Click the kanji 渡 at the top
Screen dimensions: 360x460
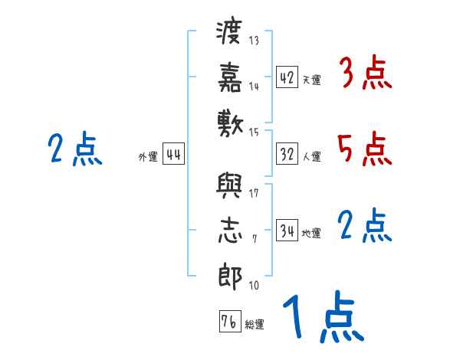pos(230,34)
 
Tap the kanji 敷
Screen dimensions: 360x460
pos(230,121)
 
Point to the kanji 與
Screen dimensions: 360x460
pos(230,186)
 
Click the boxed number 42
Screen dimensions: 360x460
pos(287,77)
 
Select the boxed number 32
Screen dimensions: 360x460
pos(287,154)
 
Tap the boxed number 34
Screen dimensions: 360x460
pos(287,231)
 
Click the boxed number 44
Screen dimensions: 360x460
pos(173,154)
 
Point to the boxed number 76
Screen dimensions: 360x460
pos(228,322)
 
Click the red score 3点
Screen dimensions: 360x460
pos(365,75)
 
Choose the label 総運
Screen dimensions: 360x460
pos(254,325)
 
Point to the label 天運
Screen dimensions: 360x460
pos(311,80)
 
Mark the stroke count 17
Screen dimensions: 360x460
pos(254,192)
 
